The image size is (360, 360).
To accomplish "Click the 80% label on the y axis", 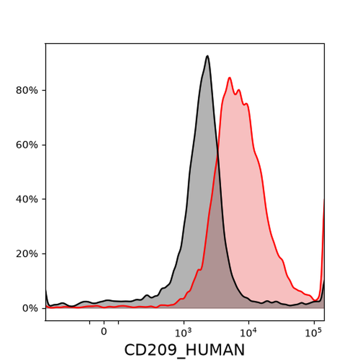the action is (27, 90).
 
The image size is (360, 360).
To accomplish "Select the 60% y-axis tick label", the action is (27, 145).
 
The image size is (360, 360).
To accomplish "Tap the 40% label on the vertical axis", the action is (27, 199).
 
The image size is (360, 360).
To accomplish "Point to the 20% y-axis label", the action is (27, 254).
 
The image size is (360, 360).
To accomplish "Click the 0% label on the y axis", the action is (30, 308).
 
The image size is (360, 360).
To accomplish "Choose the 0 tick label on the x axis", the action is (104, 331).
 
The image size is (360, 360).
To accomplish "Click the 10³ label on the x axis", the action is (183, 333).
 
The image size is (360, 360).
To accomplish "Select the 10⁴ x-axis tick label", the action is (248, 333).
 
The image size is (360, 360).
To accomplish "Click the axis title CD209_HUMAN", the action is (184, 350).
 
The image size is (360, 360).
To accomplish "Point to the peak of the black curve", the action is (208, 56).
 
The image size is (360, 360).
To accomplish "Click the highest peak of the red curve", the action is (229, 78).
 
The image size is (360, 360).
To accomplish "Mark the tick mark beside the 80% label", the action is (44, 90).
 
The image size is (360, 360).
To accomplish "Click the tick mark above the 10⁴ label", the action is (248, 322).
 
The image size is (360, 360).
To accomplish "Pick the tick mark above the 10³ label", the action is (184, 322).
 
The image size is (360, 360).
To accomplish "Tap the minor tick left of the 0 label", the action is (90, 322).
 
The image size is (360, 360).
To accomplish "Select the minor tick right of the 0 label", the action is (118, 322).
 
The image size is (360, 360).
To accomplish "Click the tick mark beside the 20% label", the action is (44, 254).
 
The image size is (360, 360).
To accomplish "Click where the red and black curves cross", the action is (217, 153).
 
